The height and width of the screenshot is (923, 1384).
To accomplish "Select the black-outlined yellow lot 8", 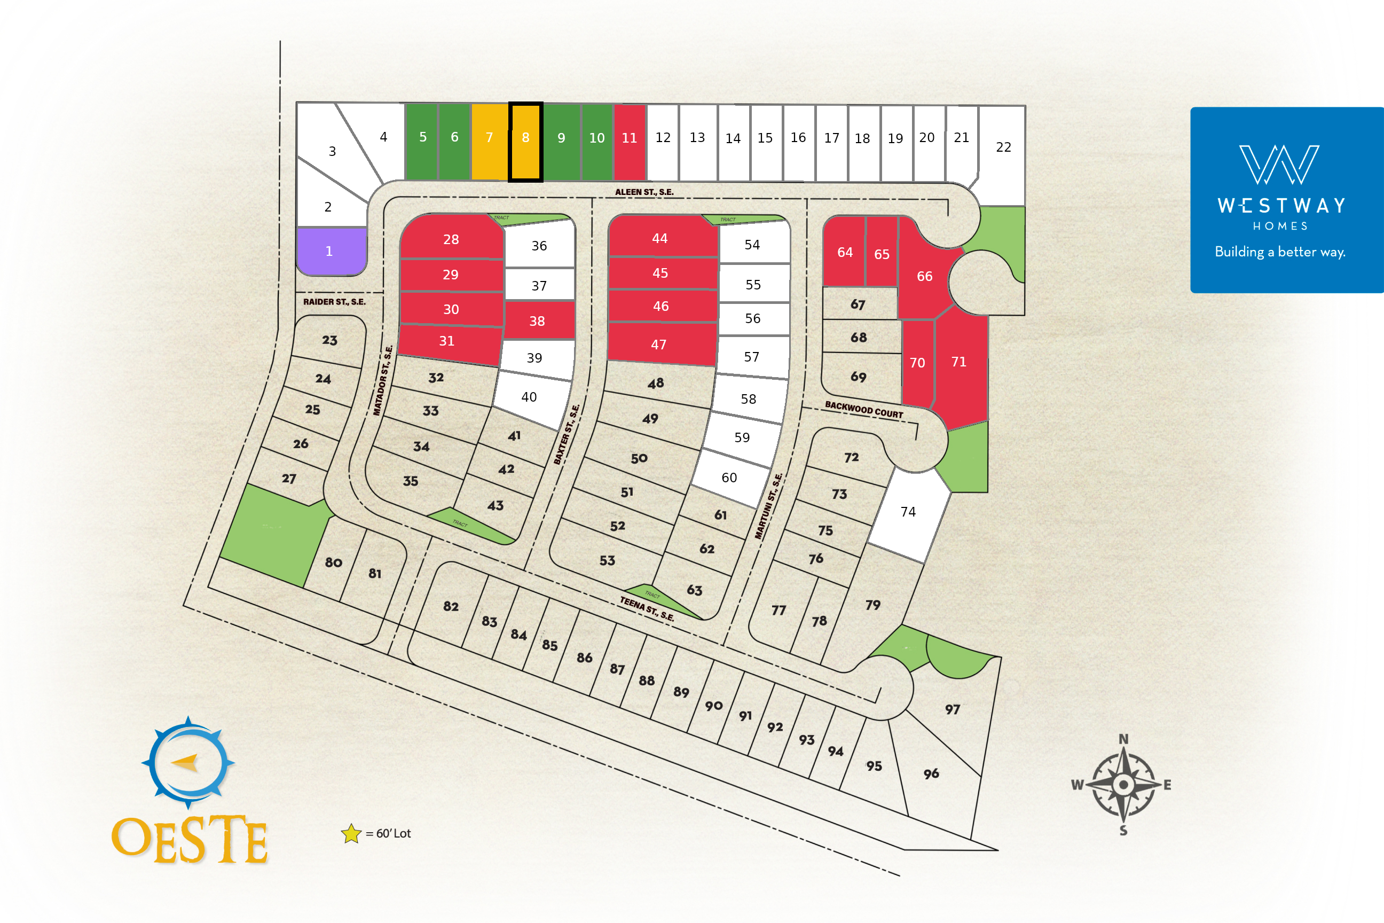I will [x=525, y=141].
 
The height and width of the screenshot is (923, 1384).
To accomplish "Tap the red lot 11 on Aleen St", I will [x=630, y=141].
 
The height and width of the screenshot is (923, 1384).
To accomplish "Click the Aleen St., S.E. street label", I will [x=644, y=192].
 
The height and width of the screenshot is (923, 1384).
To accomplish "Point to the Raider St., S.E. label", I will [x=334, y=302].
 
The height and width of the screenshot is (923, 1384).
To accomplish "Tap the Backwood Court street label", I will [x=863, y=410].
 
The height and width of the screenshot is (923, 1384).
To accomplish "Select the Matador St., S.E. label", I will [x=383, y=380].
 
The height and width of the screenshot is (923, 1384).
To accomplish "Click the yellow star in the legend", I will [x=351, y=833].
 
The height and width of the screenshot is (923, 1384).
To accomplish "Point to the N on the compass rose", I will [x=1123, y=739].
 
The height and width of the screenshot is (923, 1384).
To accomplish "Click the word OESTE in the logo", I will [x=190, y=840].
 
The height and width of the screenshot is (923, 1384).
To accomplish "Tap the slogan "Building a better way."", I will [x=1280, y=252].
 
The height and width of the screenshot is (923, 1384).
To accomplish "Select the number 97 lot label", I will [x=953, y=709].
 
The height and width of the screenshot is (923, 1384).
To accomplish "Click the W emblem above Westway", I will [x=1279, y=165].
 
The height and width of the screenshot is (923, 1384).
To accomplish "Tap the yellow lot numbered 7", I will [x=489, y=141].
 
